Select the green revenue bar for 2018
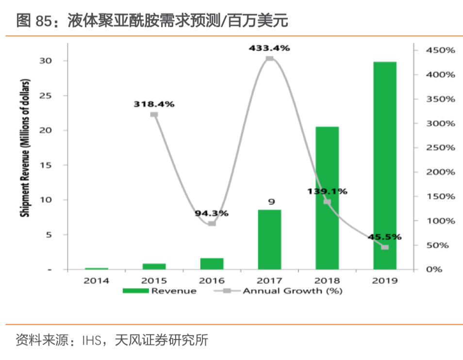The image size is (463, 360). [x=327, y=198]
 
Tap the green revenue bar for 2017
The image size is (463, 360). [x=269, y=239]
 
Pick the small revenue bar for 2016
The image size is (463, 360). [x=212, y=263]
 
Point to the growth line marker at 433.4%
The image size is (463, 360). [x=269, y=59]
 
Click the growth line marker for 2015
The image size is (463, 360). [x=154, y=115]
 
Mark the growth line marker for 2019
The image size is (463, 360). [x=385, y=247]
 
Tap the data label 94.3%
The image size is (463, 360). [x=212, y=213]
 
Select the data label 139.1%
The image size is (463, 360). [x=327, y=191]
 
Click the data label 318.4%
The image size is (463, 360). [x=154, y=104]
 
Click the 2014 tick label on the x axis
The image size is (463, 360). [x=96, y=280]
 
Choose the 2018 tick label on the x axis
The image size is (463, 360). [x=327, y=280]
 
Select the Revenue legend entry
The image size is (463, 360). [x=160, y=291]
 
